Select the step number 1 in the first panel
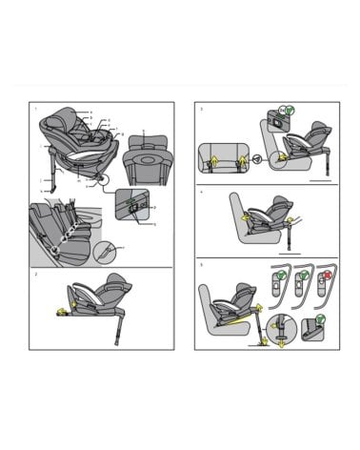point(35,109)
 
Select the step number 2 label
point(35,274)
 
